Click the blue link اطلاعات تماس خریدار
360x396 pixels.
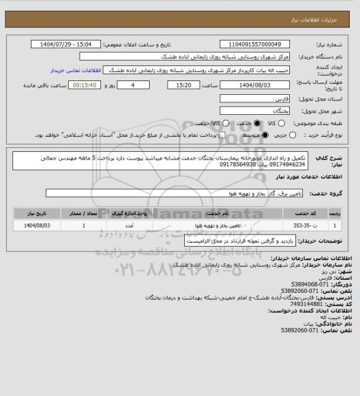coord(72,70)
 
